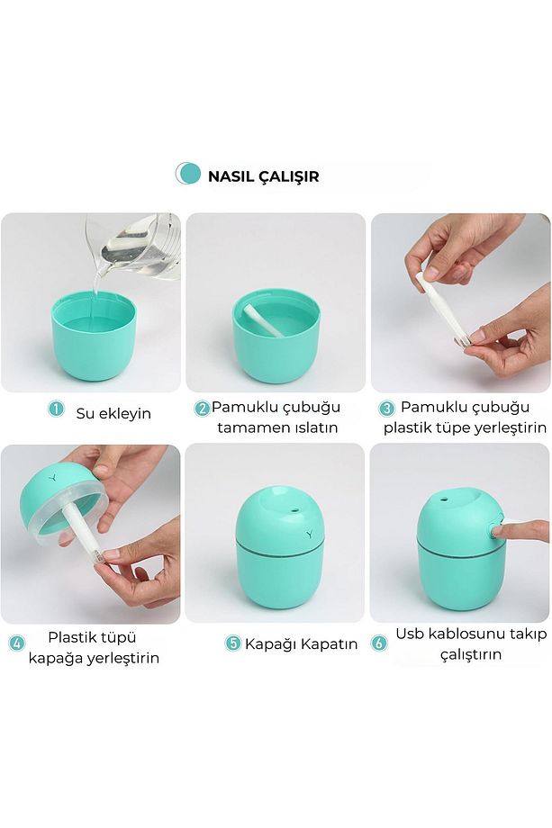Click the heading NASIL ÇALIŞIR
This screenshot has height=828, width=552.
263,175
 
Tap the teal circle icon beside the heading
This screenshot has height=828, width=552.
188,174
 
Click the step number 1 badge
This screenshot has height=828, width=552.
56,409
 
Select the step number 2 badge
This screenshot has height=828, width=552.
202,409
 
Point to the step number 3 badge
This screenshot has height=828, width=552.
387,409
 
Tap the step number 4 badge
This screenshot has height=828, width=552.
17,643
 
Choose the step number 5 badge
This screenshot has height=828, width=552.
233,643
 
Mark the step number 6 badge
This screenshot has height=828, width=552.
379,643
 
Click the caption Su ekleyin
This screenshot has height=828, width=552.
113,413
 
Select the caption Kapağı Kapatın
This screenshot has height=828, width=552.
301,644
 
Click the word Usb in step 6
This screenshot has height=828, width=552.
410,634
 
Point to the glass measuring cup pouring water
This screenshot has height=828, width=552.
135,244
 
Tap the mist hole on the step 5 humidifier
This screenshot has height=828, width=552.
294,510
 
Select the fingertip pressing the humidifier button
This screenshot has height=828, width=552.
499,528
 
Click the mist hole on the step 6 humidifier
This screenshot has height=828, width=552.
443,498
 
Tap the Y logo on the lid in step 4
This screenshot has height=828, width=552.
52,479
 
